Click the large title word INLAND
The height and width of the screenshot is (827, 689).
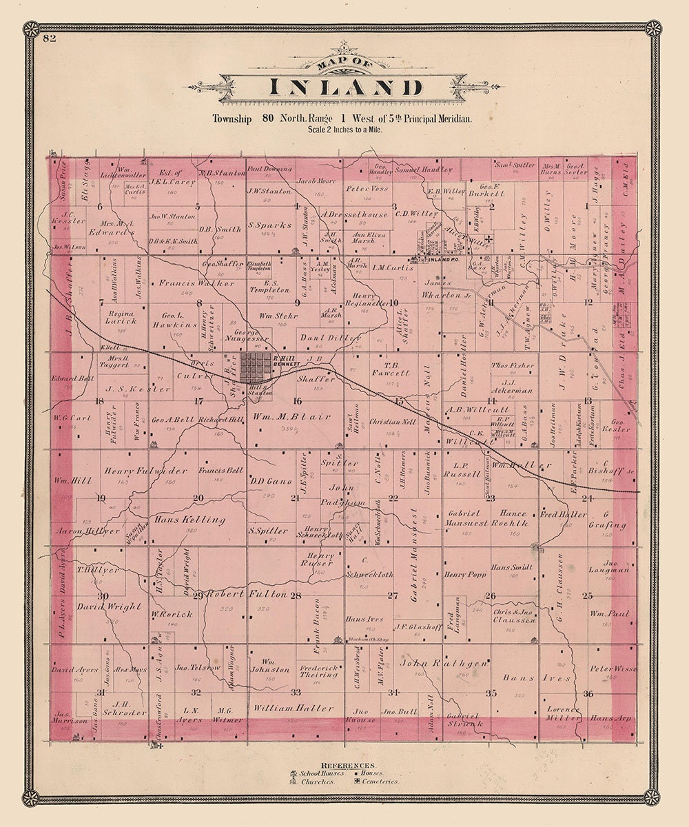[344, 89]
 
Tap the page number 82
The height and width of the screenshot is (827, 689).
[49, 38]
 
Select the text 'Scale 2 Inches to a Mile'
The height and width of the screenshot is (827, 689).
[344, 129]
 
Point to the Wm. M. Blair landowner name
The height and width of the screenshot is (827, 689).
[288, 416]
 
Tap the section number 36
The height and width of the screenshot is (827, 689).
[588, 693]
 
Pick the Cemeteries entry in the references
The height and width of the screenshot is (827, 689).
[380, 782]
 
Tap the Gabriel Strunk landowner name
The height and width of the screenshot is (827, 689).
[462, 719]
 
